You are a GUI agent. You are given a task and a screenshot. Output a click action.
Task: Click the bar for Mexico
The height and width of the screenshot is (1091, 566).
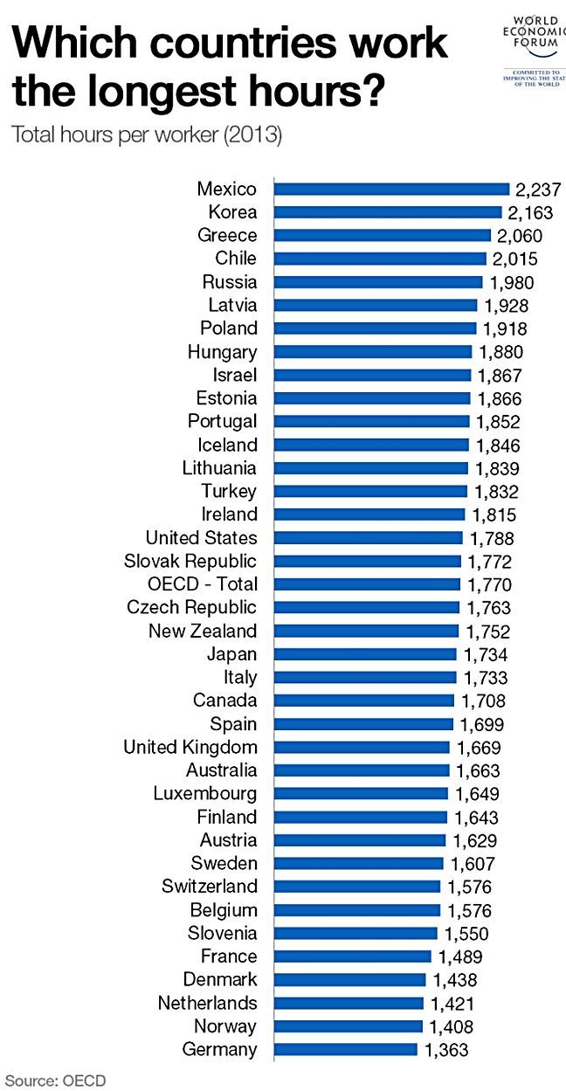(391, 189)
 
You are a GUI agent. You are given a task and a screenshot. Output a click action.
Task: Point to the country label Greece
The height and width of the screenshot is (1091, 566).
(227, 236)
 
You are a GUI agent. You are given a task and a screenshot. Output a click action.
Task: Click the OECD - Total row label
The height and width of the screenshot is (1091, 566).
(202, 584)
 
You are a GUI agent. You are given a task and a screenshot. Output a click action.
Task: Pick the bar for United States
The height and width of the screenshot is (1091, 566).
(368, 538)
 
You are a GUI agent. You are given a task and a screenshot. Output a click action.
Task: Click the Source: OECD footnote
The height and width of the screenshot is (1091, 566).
(54, 1081)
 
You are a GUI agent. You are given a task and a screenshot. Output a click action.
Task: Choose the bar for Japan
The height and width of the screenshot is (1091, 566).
(364, 654)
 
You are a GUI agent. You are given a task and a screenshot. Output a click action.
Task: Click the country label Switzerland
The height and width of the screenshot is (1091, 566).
(210, 887)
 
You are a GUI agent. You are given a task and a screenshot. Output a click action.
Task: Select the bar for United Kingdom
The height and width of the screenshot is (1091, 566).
(362, 748)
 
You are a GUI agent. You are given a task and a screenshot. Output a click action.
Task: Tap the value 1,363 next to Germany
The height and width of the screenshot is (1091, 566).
(446, 1051)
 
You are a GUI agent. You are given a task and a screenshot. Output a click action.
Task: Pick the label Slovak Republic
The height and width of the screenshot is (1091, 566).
(190, 561)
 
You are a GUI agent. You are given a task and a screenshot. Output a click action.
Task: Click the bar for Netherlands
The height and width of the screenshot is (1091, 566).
(349, 1004)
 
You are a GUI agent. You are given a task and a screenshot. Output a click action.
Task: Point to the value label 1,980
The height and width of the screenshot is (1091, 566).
(510, 282)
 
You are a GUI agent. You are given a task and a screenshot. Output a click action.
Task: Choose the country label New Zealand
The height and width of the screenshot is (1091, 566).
(203, 631)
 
